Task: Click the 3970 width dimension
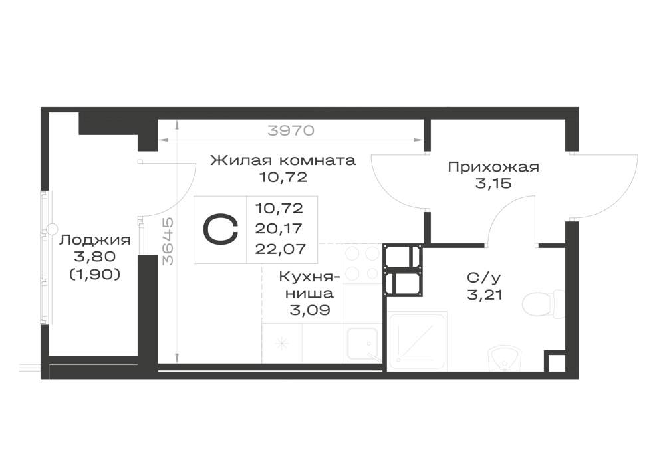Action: tap(291, 130)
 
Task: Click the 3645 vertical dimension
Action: tap(168, 241)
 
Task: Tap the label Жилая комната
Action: tap(283, 160)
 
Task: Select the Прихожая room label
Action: tap(493, 167)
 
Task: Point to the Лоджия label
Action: tap(95, 240)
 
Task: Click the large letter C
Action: tap(221, 229)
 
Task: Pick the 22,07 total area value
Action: tap(281, 249)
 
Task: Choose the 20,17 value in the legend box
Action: tap(279, 229)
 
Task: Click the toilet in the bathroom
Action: tap(543, 304)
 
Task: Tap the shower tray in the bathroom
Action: tap(418, 340)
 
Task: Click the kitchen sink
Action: tap(363, 344)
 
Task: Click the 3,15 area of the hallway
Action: tap(493, 184)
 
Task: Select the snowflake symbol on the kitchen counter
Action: tap(281, 343)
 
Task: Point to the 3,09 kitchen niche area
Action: tap(310, 310)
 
